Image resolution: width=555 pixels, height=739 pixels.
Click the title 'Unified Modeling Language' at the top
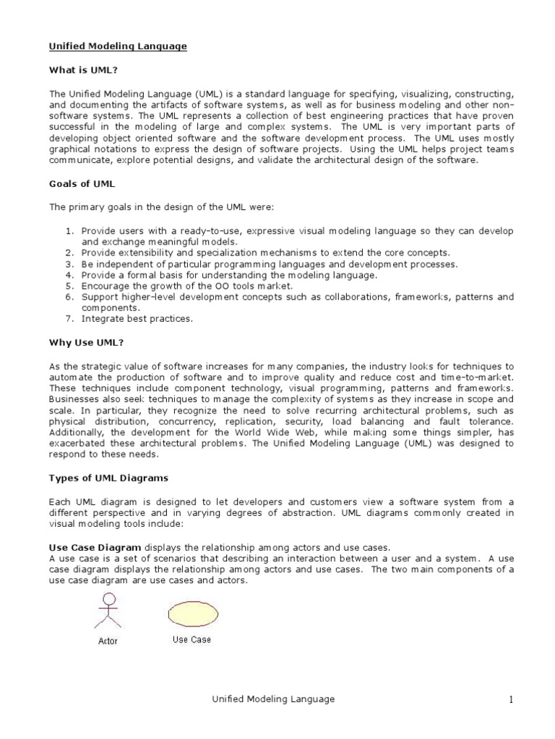click(x=118, y=46)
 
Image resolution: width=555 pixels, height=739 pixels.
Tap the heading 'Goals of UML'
click(x=82, y=184)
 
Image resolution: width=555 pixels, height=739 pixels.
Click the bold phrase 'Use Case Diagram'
click(x=95, y=547)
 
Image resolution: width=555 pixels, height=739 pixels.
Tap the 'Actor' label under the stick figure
click(x=108, y=641)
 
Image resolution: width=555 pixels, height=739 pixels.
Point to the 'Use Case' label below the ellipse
click(x=191, y=639)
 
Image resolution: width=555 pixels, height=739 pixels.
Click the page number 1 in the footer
click(x=510, y=699)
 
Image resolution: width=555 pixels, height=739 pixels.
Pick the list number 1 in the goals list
click(x=71, y=231)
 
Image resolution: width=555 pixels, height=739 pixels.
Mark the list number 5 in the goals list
click(x=71, y=286)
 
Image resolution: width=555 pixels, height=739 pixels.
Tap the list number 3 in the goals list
click(x=71, y=264)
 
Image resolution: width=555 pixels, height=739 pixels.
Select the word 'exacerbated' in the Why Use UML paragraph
click(x=74, y=444)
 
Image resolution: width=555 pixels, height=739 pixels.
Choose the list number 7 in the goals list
click(x=71, y=318)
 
